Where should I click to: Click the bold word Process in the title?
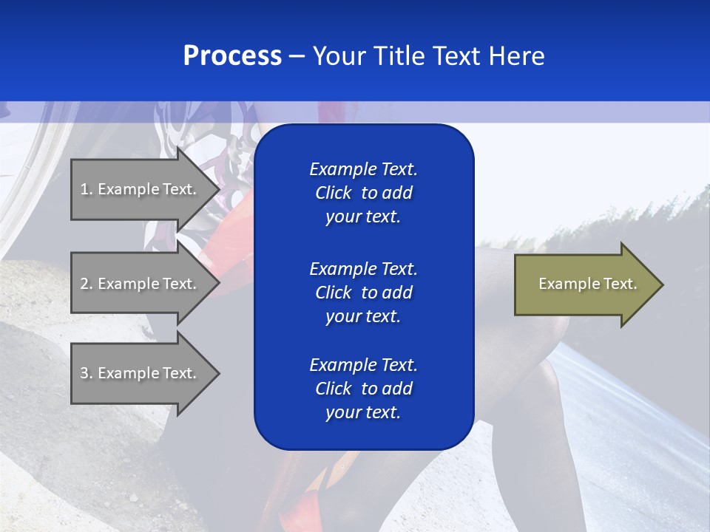coord(232,56)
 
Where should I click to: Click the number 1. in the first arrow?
coord(87,189)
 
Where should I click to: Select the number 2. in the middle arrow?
coord(87,284)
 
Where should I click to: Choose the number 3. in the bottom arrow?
coord(87,373)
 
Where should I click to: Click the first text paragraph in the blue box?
coord(363,193)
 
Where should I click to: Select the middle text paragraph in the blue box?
coord(363,293)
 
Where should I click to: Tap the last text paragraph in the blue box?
coord(363,389)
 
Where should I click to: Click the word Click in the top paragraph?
coord(333,193)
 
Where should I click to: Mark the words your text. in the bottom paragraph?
coord(363,412)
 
